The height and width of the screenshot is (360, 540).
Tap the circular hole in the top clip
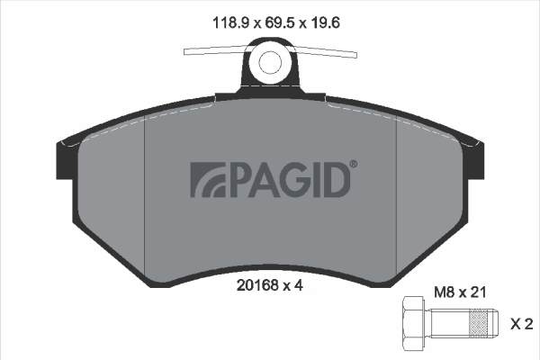click(271, 62)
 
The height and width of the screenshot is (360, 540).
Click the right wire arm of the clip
click(328, 52)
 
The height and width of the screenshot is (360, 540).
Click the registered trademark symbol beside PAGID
click(353, 164)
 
